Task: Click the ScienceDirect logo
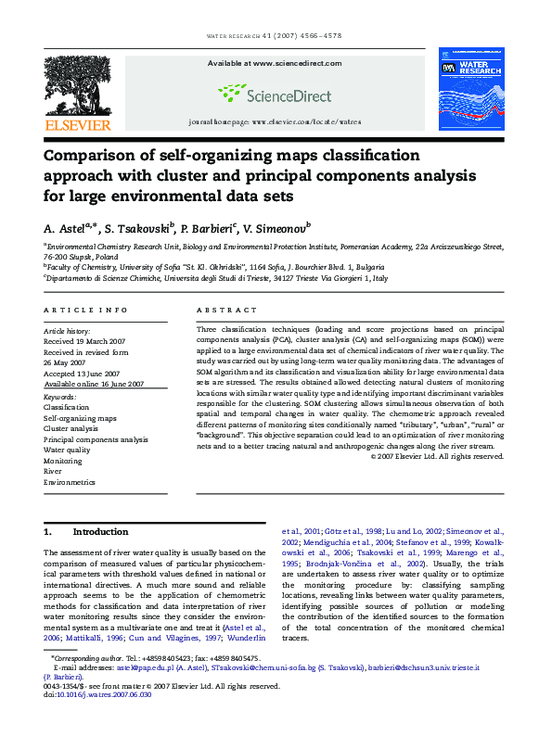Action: coord(275,93)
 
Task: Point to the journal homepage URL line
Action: coord(274,121)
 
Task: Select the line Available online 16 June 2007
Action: coord(94,383)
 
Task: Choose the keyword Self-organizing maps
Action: coord(80,418)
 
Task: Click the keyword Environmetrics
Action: coord(70,482)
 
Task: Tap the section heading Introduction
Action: coord(100,532)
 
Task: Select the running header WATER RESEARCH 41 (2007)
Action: coord(275,36)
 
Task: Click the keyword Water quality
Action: coord(67,450)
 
